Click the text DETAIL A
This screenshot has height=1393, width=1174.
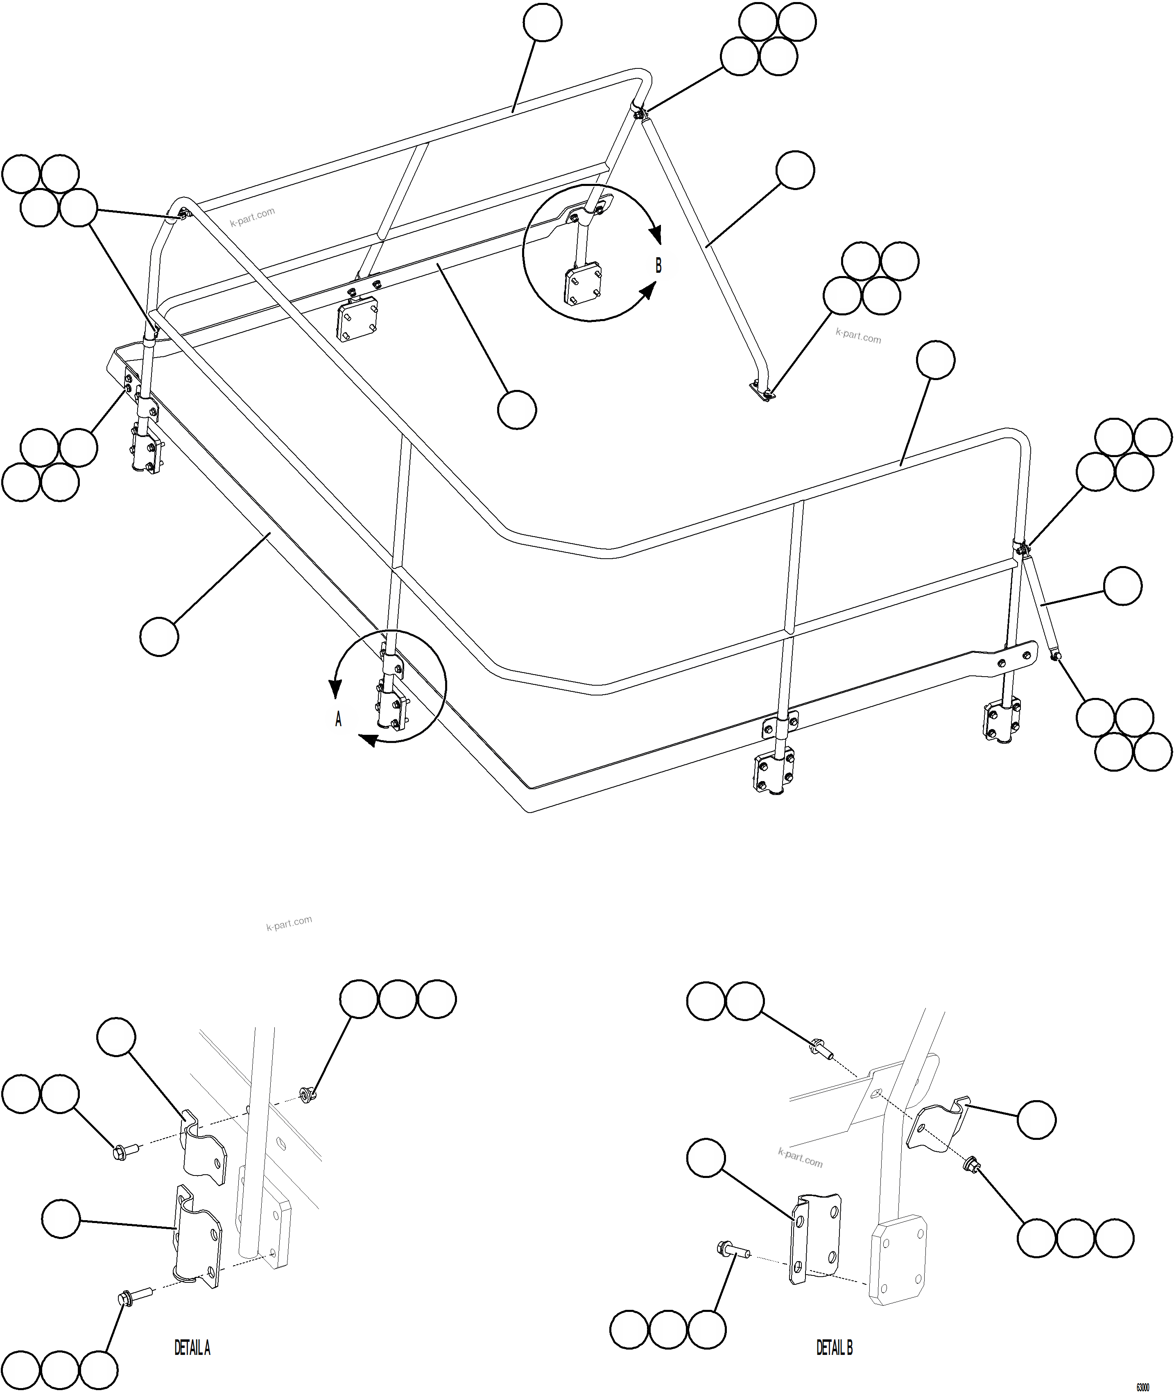[192, 1348]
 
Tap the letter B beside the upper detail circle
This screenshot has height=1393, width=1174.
[658, 265]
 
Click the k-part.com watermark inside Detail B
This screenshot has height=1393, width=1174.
[800, 1157]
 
